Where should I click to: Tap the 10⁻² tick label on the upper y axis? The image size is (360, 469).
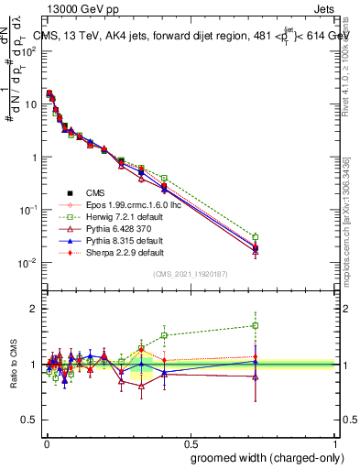[x=29, y=263]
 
